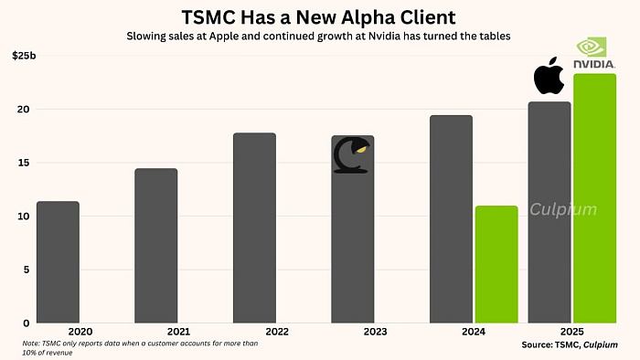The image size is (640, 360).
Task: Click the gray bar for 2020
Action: pyautogui.click(x=58, y=262)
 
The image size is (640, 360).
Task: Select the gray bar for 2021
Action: pyautogui.click(x=155, y=246)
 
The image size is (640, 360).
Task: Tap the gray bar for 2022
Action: pyautogui.click(x=254, y=228)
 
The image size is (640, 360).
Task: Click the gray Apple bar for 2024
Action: pyautogui.click(x=451, y=219)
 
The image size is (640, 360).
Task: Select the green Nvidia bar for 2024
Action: pyautogui.click(x=496, y=264)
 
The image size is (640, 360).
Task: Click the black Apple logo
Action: pyautogui.click(x=548, y=75)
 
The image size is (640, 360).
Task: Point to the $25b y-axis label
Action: pyautogui.click(x=25, y=56)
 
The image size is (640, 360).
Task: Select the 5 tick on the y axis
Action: pyautogui.click(x=27, y=270)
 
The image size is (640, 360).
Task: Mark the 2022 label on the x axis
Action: pyautogui.click(x=254, y=331)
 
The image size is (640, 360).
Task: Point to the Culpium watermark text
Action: pyautogui.click(x=564, y=209)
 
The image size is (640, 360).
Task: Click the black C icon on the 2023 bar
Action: pyautogui.click(x=351, y=155)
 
